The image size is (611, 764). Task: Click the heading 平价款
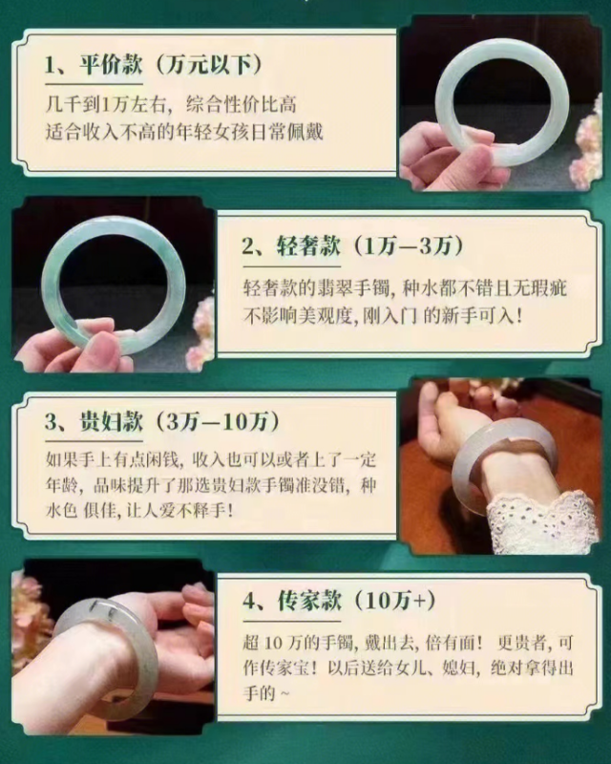(x=111, y=64)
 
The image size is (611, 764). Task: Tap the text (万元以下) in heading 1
(x=208, y=64)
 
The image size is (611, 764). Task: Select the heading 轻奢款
(x=309, y=245)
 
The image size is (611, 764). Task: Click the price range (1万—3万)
(x=408, y=245)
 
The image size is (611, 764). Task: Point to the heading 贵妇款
(x=111, y=421)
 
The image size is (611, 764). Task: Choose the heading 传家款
(x=309, y=600)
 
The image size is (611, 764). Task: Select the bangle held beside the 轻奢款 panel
(x=53, y=273)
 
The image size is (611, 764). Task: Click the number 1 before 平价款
(x=51, y=65)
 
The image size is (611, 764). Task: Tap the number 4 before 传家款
(x=248, y=601)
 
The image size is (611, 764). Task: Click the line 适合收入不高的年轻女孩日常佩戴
(x=184, y=132)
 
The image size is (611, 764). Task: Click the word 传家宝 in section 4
(x=284, y=668)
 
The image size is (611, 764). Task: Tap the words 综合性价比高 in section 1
(x=242, y=105)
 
